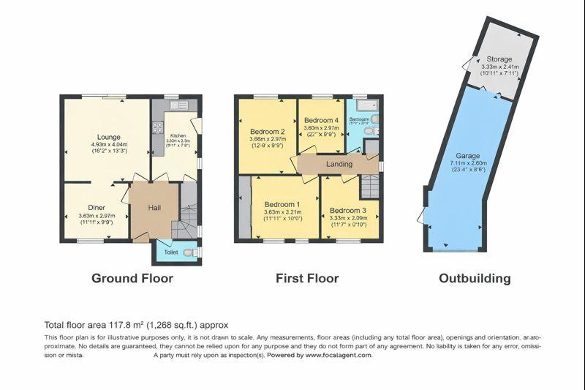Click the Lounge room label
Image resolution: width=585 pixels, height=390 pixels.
click(x=109, y=137)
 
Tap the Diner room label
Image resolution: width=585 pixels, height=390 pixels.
click(x=97, y=207)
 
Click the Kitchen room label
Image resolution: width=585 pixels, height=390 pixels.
click(x=178, y=136)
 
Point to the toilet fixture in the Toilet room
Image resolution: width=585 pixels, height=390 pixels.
click(x=189, y=253)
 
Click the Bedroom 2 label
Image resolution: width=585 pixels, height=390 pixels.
click(x=266, y=132)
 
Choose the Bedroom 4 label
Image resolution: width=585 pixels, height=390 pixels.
click(x=321, y=120)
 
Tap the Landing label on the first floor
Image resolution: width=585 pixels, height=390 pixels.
click(x=339, y=164)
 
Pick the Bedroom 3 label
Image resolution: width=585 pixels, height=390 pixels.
click(x=350, y=203)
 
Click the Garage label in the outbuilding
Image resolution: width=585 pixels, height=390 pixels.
click(x=467, y=156)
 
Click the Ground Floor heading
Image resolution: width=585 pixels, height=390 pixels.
click(x=132, y=278)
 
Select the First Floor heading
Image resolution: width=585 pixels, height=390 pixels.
click(x=307, y=278)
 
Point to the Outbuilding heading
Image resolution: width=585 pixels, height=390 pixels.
click(x=475, y=278)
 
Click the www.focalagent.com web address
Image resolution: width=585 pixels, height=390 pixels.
click(x=338, y=355)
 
